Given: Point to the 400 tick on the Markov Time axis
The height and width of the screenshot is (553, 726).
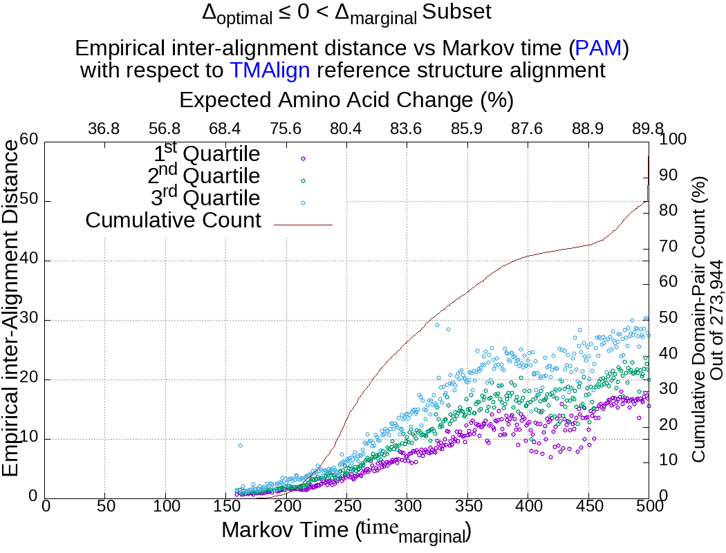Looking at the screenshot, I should point(528,507).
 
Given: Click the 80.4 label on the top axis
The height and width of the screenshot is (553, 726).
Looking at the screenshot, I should point(346,129).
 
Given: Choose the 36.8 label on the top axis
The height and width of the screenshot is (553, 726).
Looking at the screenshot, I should point(104,129).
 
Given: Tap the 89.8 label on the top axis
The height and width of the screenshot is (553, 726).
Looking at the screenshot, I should point(647,129).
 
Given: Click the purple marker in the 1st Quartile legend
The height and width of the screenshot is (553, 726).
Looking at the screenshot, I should point(302,158).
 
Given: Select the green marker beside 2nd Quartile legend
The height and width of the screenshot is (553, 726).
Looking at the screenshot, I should point(302,180).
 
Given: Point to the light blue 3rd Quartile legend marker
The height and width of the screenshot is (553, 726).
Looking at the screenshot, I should point(302,202).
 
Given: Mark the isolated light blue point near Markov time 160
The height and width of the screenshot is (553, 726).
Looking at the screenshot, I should point(240,446).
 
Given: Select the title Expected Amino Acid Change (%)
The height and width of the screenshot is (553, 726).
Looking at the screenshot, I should point(346,100).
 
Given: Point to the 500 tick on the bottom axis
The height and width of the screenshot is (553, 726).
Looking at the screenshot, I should point(649,507).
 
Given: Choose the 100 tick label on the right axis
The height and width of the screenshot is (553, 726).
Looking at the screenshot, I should point(673,140).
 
